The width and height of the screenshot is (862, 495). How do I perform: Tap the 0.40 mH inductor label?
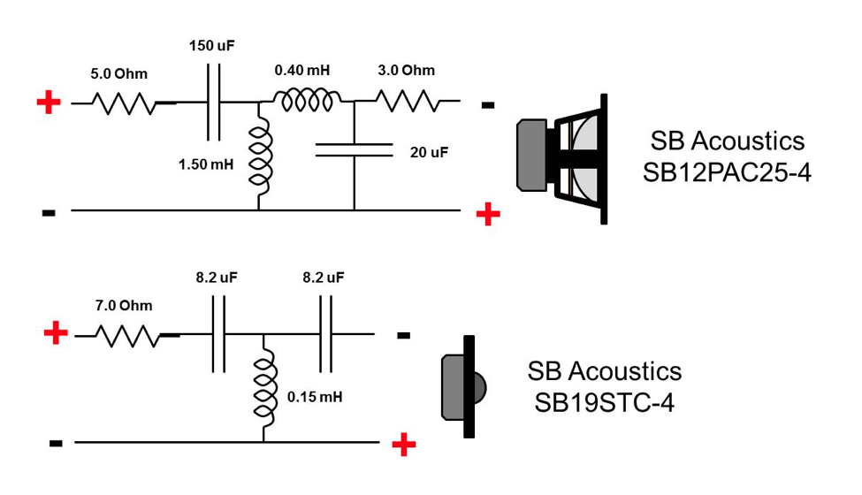(x=301, y=71)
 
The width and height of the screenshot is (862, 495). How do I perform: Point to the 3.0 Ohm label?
(x=406, y=71)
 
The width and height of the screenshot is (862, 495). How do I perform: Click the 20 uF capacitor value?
(x=429, y=152)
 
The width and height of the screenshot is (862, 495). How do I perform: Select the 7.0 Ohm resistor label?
(x=124, y=306)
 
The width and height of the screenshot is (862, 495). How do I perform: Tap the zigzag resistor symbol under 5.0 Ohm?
(x=124, y=103)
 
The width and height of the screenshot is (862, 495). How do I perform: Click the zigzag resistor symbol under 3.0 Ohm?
(x=408, y=102)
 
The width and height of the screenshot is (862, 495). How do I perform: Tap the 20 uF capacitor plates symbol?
(x=354, y=152)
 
